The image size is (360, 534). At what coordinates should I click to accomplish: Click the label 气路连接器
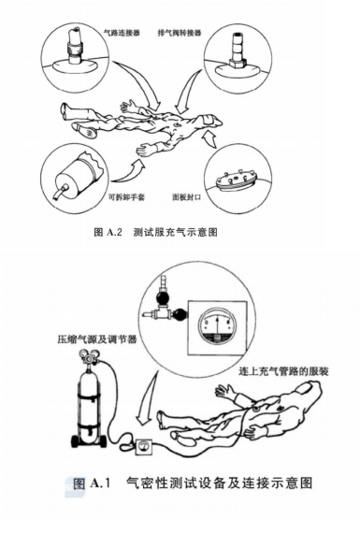(x=122, y=33)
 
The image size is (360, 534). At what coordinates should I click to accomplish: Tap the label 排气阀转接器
(x=180, y=33)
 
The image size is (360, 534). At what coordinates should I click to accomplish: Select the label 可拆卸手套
(x=126, y=196)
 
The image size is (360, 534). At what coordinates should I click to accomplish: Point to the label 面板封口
(x=186, y=196)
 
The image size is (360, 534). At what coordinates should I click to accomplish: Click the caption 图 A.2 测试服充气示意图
(x=155, y=232)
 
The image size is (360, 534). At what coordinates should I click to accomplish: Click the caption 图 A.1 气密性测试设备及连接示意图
(x=194, y=483)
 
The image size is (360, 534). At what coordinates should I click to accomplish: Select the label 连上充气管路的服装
(x=283, y=371)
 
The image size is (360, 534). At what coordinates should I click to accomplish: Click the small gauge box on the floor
(x=144, y=446)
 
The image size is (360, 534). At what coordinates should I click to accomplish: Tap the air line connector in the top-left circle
(x=75, y=46)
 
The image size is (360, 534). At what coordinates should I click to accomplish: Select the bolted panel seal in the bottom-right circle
(x=235, y=179)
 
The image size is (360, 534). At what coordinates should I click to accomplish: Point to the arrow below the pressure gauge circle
(x=147, y=398)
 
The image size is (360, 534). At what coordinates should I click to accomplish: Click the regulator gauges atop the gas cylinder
(x=88, y=356)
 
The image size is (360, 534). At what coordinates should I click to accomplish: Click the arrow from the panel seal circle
(x=210, y=139)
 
